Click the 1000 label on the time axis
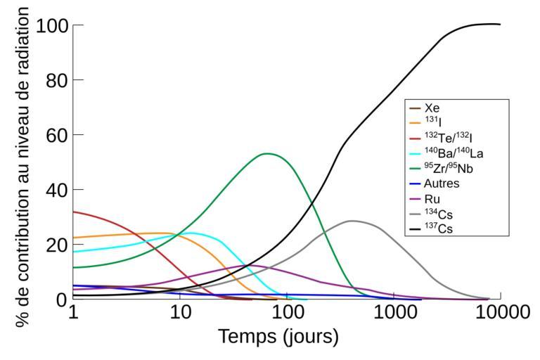[394, 312]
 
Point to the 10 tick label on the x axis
[180, 312]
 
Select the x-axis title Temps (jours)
[278, 337]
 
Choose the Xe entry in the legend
[433, 108]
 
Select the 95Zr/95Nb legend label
[450, 168]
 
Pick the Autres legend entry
[442, 183]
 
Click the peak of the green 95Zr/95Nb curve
[267, 153]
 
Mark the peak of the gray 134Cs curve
[351, 221]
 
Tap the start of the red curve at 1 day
[73, 212]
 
